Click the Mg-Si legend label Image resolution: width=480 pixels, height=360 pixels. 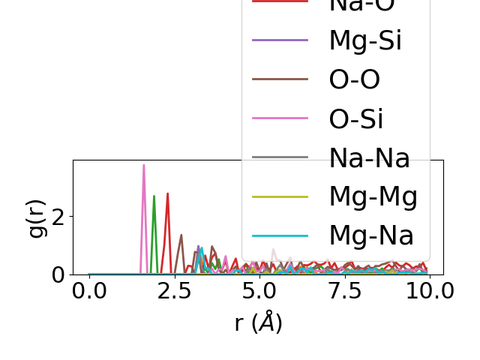pos(365,40)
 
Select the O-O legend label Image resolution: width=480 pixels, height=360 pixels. pos(355,79)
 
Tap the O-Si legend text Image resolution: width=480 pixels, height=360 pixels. pos(356,118)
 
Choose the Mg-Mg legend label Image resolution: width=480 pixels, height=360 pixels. pos(373,196)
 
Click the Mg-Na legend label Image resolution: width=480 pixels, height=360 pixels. pos(371,235)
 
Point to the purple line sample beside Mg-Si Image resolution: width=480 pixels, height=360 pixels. pos(280,40)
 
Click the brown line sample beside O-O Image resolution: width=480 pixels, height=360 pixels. pos(280,79)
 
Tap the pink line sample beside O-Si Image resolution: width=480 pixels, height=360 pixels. pos(280,118)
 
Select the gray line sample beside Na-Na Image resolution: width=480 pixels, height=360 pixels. pos(280,157)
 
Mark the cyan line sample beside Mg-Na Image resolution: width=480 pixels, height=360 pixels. pos(280,235)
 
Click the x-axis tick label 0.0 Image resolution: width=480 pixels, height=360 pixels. pos(89,291)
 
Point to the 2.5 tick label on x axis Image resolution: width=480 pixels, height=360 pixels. pos(174,291)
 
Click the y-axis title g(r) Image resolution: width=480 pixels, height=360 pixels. pos(36,217)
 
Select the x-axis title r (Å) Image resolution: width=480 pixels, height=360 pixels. pos(258,322)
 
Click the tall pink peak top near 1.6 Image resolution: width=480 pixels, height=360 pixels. pos(144,166)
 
